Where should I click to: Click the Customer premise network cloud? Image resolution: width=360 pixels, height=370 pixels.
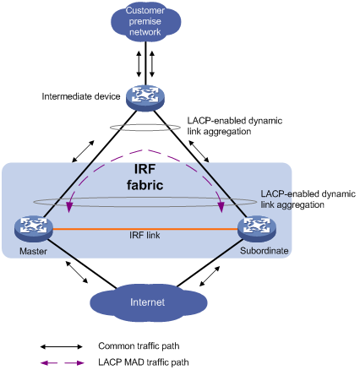pyautogui.click(x=145, y=22)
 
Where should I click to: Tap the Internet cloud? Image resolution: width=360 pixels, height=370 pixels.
pyautogui.click(x=148, y=302)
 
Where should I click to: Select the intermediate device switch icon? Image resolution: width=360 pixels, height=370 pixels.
pyautogui.click(x=145, y=98)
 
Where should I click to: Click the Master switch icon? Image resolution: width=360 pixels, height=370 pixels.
pyautogui.click(x=34, y=228)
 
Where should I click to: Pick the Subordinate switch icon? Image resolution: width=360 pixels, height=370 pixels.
pyautogui.click(x=257, y=228)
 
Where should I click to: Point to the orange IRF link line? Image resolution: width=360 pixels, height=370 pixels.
pyautogui.click(x=145, y=229)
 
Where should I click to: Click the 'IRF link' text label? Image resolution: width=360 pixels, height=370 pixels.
pyautogui.click(x=145, y=235)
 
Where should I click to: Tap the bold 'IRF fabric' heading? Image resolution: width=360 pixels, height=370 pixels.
pyautogui.click(x=145, y=177)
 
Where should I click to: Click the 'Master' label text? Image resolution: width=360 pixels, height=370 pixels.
pyautogui.click(x=33, y=251)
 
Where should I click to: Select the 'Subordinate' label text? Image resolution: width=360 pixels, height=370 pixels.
pyautogui.click(x=265, y=251)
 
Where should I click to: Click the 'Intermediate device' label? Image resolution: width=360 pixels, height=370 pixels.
pyautogui.click(x=81, y=96)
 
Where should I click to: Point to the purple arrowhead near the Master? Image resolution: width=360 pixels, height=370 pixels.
pyautogui.click(x=68, y=207)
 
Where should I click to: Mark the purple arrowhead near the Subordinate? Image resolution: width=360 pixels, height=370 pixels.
pyautogui.click(x=221, y=207)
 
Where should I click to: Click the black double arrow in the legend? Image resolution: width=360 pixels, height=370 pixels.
pyautogui.click(x=62, y=346)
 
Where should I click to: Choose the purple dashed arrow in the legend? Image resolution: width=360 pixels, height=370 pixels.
pyautogui.click(x=62, y=363)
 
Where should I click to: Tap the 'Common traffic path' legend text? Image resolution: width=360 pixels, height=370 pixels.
pyautogui.click(x=139, y=346)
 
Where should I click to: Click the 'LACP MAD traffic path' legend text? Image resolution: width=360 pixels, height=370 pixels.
pyautogui.click(x=144, y=362)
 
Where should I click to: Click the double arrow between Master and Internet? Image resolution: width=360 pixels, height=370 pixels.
pyautogui.click(x=77, y=272)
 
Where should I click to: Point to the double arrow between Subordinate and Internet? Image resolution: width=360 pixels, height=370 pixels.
pyautogui.click(x=210, y=276)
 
